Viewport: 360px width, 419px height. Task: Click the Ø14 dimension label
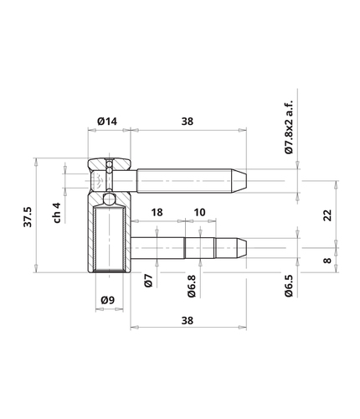(x=107, y=122)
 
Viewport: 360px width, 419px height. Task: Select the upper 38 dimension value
(x=188, y=122)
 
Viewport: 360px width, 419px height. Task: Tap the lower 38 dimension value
(x=188, y=320)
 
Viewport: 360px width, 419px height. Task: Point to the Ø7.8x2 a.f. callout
(x=290, y=127)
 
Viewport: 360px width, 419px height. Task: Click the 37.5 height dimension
(x=28, y=217)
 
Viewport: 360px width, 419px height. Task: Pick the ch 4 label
(x=57, y=213)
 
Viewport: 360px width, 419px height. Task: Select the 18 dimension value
(x=157, y=213)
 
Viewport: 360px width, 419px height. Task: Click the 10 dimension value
(x=199, y=213)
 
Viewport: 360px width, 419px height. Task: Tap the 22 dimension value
(x=327, y=215)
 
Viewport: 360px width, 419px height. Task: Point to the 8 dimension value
(x=327, y=261)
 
